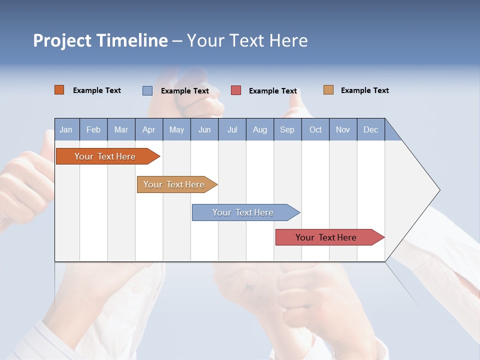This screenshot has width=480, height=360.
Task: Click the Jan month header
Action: click(66, 129)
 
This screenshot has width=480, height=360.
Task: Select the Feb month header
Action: click(93, 129)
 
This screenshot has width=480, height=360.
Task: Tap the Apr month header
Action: click(148, 129)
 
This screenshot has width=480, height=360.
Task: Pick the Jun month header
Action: click(204, 129)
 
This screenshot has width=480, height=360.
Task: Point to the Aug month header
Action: click(260, 129)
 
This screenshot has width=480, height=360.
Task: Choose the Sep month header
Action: click(287, 129)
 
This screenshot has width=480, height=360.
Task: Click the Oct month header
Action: click(315, 129)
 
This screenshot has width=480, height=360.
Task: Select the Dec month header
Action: click(371, 129)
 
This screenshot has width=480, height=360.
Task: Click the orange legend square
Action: click(59, 90)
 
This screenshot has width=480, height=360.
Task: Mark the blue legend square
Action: click(147, 90)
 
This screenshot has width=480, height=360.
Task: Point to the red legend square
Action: click(236, 90)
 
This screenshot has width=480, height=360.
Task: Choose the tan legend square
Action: click(328, 90)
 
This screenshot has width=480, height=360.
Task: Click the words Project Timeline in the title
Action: click(100, 40)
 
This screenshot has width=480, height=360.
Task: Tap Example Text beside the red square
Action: click(273, 91)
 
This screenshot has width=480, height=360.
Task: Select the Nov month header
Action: click(343, 129)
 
